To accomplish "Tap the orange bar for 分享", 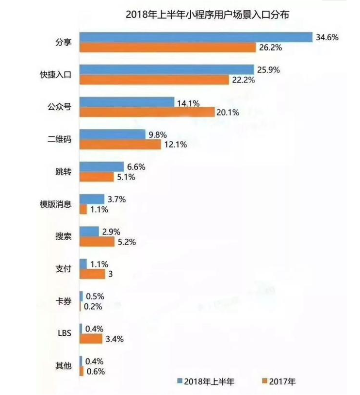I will click(167, 48).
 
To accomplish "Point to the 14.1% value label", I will click(189, 102).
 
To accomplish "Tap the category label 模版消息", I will click(55, 204).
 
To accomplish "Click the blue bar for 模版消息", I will click(92, 199).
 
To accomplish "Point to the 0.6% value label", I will click(96, 371).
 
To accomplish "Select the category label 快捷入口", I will click(55, 75).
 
